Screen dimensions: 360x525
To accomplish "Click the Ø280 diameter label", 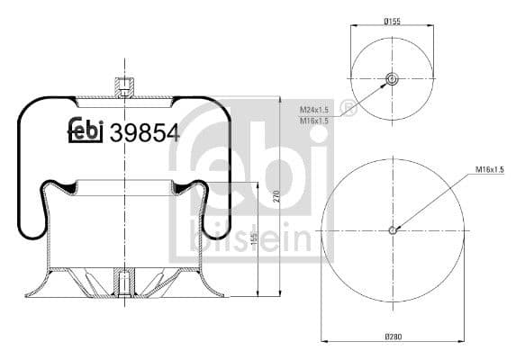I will tap(392, 337).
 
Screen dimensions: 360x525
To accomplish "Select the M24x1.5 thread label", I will tap(312, 108).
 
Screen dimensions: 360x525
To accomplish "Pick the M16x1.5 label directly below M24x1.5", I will tap(312, 120).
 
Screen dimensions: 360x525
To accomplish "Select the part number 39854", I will tap(143, 133).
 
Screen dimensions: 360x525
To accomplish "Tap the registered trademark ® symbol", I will tap(349, 112).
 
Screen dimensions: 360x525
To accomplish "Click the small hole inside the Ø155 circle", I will tap(392, 79).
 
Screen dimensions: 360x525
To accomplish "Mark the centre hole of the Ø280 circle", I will tap(393, 229).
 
